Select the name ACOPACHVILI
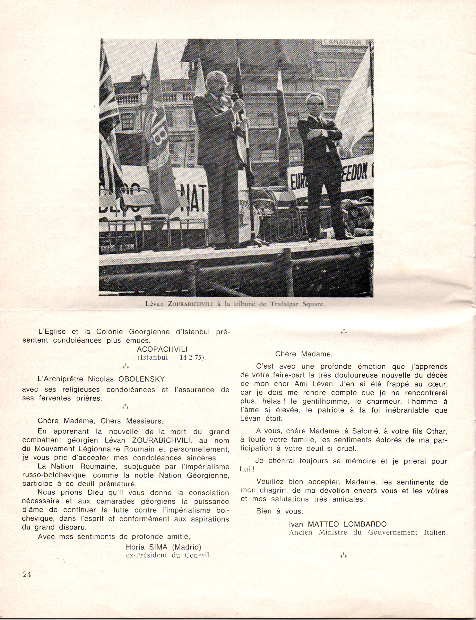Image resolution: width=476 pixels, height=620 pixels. (162, 349)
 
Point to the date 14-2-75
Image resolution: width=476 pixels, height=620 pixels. (192, 358)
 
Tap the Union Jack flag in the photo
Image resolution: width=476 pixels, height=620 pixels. (108, 119)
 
